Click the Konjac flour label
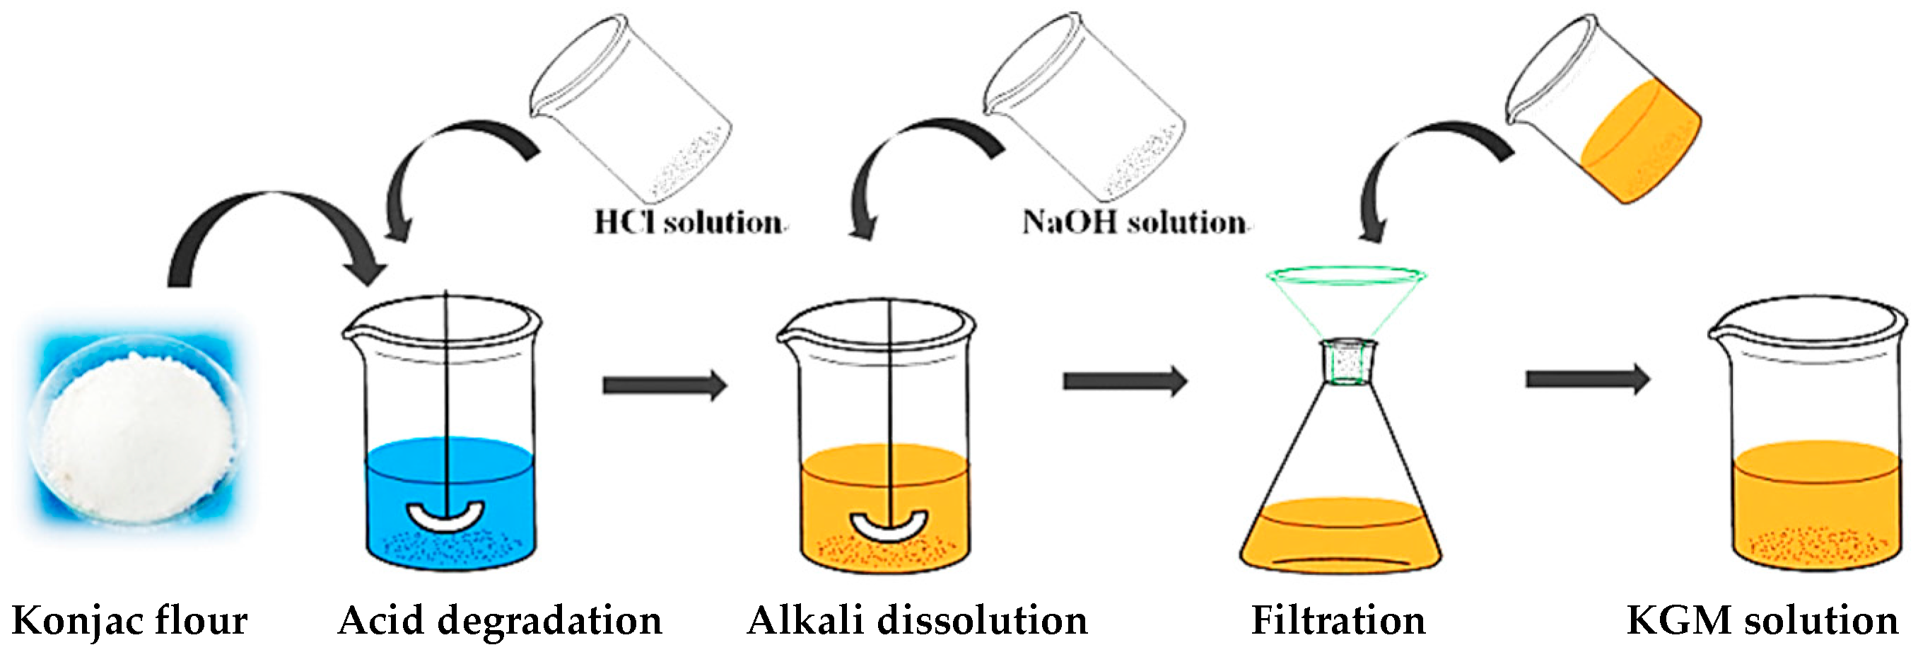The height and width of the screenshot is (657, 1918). (129, 620)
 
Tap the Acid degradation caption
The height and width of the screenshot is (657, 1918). (500, 620)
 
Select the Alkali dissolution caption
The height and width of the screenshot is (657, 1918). (918, 620)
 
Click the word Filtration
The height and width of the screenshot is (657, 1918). (1338, 620)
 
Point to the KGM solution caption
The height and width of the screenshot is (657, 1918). (1762, 620)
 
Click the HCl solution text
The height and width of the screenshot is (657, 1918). (688, 222)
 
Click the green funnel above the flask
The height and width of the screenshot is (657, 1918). (1346, 298)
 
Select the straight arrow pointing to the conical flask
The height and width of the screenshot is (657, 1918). (1124, 381)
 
